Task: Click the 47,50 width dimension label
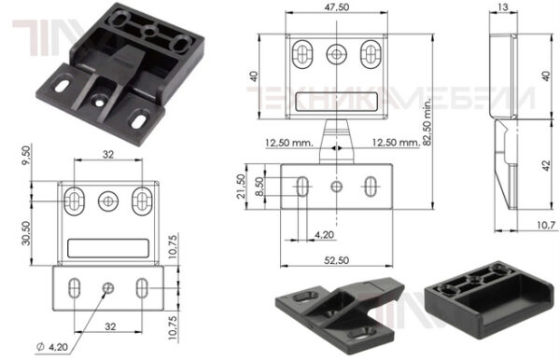pos(336,7)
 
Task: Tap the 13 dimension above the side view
pos(502,7)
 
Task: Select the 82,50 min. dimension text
pos(427,121)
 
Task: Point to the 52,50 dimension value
pos(336,260)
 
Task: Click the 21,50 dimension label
pos(242,187)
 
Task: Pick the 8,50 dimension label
pos(259,187)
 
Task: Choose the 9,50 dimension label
pos(26,156)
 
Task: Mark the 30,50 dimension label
pos(26,233)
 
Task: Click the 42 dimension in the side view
pos(546,165)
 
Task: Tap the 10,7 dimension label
pos(546,225)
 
